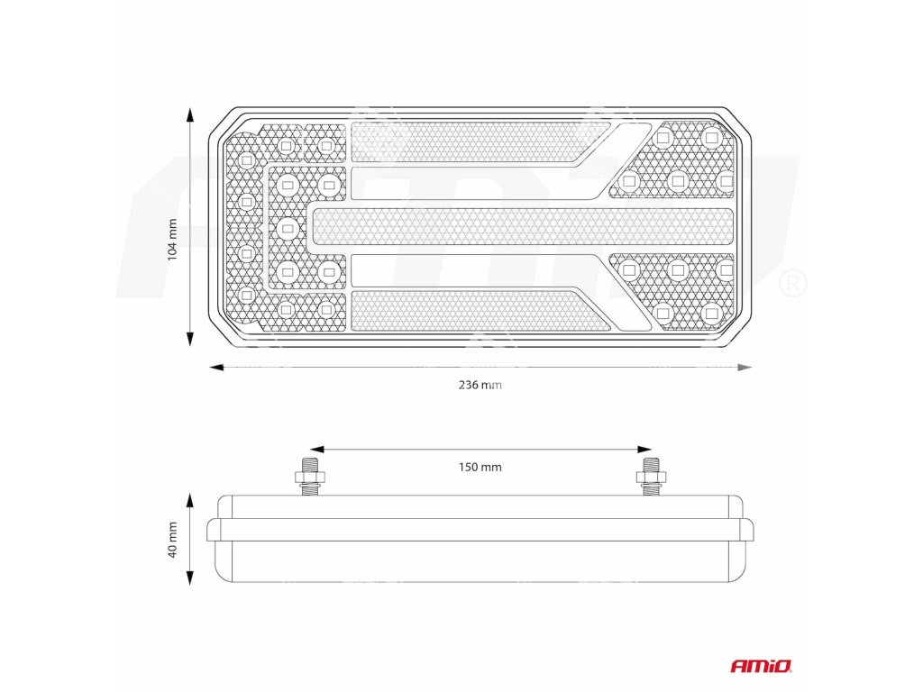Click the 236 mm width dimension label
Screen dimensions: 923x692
[480, 386]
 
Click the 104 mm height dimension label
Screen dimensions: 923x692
[172, 239]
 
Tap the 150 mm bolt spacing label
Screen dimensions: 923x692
[480, 467]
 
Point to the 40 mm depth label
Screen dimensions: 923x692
[172, 539]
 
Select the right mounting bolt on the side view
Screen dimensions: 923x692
[650, 477]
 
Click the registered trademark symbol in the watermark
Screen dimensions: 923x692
[790, 284]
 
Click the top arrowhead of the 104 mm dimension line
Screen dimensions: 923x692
[190, 114]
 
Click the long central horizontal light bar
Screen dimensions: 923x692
[523, 226]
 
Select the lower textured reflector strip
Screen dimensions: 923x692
[469, 310]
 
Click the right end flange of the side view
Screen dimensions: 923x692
[747, 530]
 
